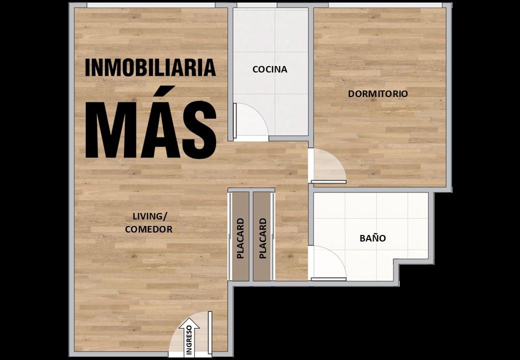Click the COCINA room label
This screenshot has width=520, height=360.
pyautogui.click(x=269, y=69)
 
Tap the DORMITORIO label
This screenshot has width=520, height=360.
pyautogui.click(x=377, y=94)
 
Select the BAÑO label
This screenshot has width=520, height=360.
pyautogui.click(x=373, y=238)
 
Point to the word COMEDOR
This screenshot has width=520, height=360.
pyautogui.click(x=148, y=229)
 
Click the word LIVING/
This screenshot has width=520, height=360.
pyautogui.click(x=150, y=216)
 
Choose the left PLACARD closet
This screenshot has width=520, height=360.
pyautogui.click(x=240, y=236)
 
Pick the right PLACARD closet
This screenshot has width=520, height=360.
pyautogui.click(x=262, y=236)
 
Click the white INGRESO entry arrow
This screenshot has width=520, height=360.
pyautogui.click(x=189, y=337)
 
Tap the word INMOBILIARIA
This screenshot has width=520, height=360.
pyautogui.click(x=150, y=67)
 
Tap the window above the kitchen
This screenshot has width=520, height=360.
pyautogui.click(x=256, y=5)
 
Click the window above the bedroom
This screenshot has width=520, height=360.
pyautogui.click(x=385, y=5)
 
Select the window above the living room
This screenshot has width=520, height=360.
pyautogui.click(x=151, y=5)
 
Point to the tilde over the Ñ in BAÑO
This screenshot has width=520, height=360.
pyautogui.click(x=373, y=233)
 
